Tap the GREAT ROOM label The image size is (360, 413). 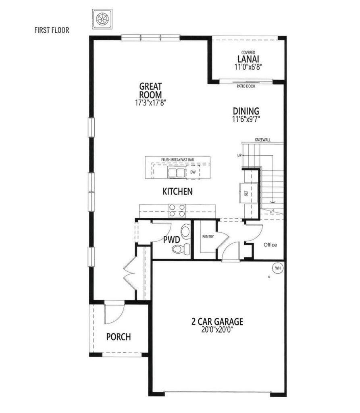click(x=150, y=90)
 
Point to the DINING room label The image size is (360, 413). click(x=246, y=111)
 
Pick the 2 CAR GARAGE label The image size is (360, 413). click(x=217, y=322)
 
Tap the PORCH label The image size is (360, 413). click(x=119, y=337)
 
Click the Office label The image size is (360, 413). click(x=270, y=245)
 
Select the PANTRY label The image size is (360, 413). click(x=208, y=237)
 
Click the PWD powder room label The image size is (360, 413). click(x=171, y=240)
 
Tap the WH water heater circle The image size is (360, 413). click(x=277, y=267)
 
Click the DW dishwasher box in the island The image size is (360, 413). click(x=193, y=172)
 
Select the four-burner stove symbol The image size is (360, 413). click(x=177, y=211)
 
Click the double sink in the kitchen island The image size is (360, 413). click(x=177, y=173)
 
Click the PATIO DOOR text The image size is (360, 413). click(x=246, y=86)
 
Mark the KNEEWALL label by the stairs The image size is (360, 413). click(x=263, y=140)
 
